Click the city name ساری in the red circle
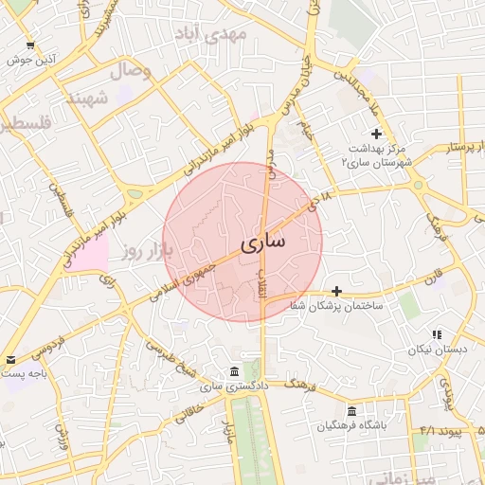261,242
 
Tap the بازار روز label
144,251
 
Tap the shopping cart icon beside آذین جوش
31,45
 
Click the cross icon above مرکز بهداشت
376,134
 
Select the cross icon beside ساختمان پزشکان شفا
336,290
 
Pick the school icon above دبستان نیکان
436,334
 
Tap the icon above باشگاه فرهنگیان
351,411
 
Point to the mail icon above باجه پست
10,359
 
